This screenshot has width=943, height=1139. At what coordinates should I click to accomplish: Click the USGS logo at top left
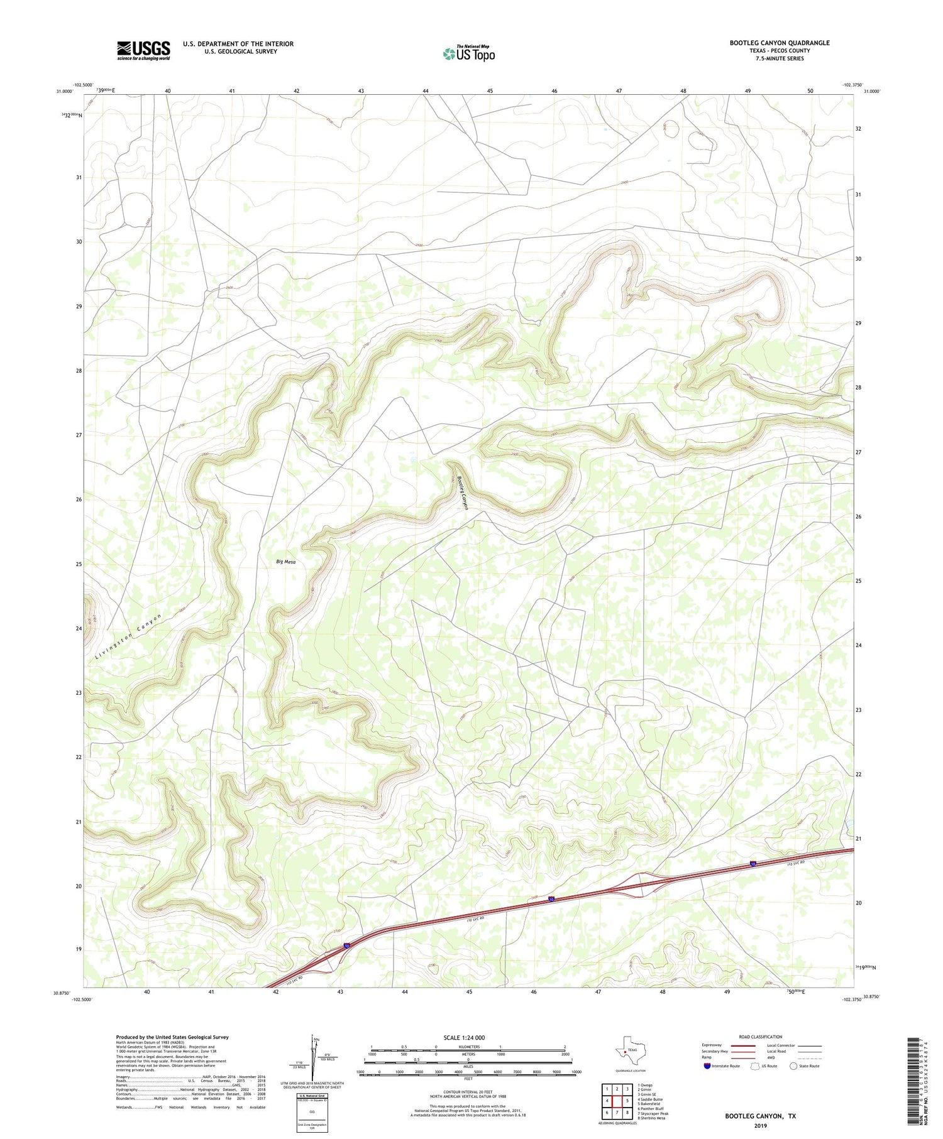(143, 50)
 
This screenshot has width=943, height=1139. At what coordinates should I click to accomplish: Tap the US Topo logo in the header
(468, 54)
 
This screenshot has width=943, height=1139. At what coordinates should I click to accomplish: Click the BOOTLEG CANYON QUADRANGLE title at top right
(779, 43)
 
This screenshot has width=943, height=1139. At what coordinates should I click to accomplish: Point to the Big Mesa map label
(285, 562)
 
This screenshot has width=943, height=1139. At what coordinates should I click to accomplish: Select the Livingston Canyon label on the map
(130, 636)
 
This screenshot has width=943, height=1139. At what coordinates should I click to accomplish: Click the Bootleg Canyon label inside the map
(463, 491)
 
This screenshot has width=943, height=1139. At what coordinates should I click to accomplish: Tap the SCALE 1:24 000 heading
(468, 1037)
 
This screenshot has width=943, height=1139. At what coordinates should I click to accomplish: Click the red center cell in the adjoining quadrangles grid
(617, 1101)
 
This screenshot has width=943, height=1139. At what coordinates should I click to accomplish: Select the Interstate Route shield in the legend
(707, 1066)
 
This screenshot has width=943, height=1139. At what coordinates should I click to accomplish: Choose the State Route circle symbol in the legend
(793, 1066)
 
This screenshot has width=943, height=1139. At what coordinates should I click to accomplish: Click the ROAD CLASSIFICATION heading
(761, 1037)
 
